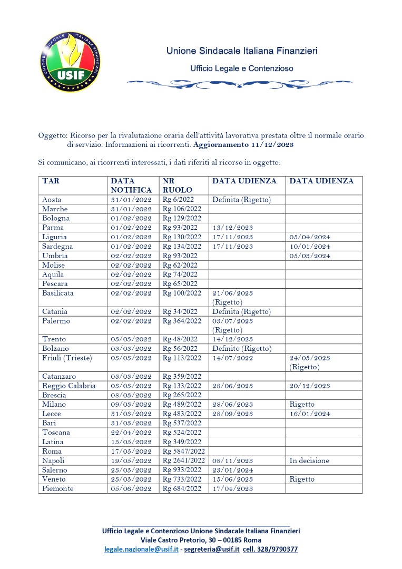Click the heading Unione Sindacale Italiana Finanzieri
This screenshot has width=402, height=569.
242,51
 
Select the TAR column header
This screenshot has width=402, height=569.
51,181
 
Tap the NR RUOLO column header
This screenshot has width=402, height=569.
178,185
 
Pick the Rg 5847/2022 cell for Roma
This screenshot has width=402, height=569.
182,451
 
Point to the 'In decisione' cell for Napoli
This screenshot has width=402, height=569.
309,460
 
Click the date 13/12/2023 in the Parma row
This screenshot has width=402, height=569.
232,228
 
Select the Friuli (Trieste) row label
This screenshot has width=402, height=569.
67,358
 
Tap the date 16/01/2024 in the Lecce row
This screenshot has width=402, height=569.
310,414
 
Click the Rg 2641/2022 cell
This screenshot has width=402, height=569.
182,460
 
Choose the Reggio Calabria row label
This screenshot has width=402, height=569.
68,386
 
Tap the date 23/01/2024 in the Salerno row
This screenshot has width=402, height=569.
232,470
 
